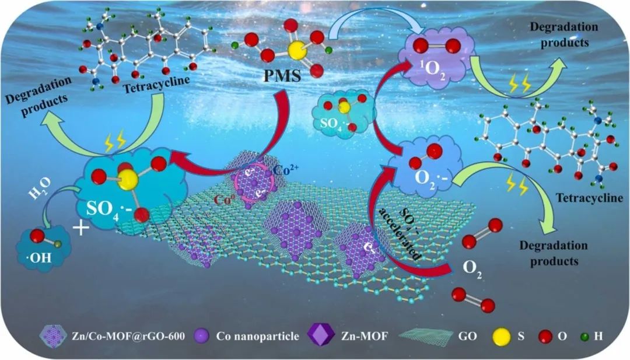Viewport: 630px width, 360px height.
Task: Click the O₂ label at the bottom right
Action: (x=472, y=268)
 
